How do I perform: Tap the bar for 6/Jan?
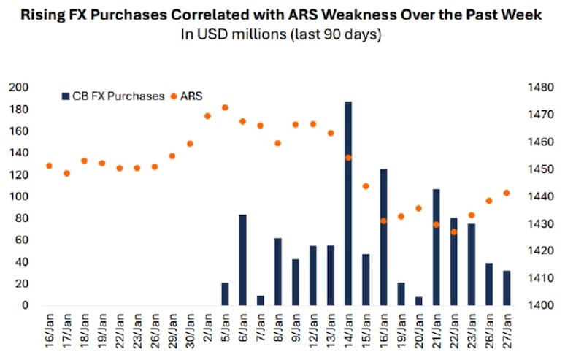[x=242, y=260]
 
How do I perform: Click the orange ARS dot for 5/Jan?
[x=225, y=107]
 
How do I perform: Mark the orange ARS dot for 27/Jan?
[x=507, y=193]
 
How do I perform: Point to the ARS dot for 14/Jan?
[x=348, y=158]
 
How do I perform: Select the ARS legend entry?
[x=188, y=96]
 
